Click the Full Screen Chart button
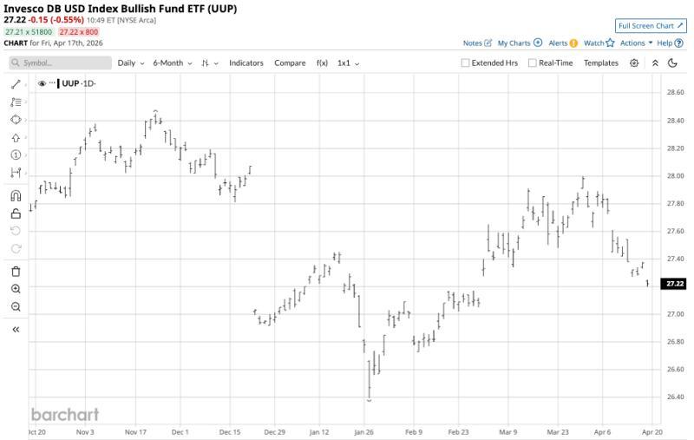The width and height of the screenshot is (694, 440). click(x=650, y=26)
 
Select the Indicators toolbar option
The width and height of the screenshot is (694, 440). click(x=246, y=63)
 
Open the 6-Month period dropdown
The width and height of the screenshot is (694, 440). click(x=172, y=63)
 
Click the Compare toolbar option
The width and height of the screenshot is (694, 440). click(x=290, y=63)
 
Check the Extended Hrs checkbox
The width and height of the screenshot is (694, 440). click(x=466, y=63)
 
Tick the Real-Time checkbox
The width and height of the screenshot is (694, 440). click(x=533, y=63)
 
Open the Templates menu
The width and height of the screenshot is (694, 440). click(x=601, y=63)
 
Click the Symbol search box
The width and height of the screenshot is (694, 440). click(x=61, y=63)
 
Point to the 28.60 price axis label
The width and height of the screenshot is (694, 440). click(x=675, y=92)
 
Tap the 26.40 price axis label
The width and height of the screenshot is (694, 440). click(x=675, y=397)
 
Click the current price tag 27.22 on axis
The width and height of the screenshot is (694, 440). click(x=675, y=284)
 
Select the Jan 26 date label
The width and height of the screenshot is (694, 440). click(x=363, y=432)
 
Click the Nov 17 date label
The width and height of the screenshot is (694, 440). click(x=136, y=432)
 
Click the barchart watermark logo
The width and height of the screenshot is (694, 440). click(x=65, y=414)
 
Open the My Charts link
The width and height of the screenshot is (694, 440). click(x=520, y=43)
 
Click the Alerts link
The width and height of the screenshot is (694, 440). click(x=562, y=43)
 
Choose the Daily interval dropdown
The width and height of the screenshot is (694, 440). click(x=130, y=63)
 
